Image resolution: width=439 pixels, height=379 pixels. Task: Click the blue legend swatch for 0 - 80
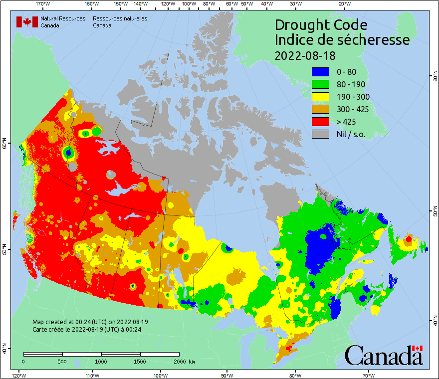coord(321,72)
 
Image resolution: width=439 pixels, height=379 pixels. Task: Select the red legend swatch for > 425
coord(321,122)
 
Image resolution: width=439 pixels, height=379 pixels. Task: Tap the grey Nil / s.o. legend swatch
coord(321,134)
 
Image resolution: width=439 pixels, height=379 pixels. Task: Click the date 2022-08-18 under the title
coord(305,55)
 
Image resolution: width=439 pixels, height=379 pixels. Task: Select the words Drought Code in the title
coord(321,25)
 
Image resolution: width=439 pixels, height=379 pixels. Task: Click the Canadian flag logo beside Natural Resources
coord(27,22)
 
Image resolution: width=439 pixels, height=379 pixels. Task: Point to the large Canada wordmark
coord(384,355)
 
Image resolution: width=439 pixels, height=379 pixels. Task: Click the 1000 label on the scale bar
coord(101,361)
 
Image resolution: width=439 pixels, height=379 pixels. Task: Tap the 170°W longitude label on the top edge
coord(43,3)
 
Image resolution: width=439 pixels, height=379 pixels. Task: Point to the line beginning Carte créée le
coord(87,330)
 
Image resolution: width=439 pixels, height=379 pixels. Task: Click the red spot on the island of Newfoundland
coord(409,239)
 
